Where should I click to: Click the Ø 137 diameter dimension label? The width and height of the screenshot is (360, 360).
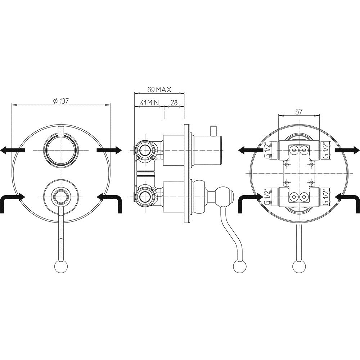60,101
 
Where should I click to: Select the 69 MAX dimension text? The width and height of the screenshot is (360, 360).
159,90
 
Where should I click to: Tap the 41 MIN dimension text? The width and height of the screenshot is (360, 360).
149,103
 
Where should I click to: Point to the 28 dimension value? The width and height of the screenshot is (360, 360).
174,103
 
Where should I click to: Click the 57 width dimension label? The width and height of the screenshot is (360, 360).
298,112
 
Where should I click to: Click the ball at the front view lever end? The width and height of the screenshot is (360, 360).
61,267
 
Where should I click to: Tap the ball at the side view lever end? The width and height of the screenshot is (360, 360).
239,267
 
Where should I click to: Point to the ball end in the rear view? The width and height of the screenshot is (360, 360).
299,267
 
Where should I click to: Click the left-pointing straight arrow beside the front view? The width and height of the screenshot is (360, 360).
13,150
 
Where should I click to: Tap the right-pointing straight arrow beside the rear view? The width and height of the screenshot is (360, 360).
347,150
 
